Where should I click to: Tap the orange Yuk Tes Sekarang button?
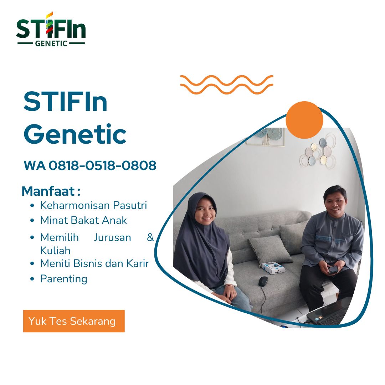click(x=74, y=321)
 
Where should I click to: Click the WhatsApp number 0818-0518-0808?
click(x=102, y=165)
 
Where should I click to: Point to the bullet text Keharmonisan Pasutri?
click(x=93, y=205)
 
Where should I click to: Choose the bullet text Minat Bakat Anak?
click(x=83, y=220)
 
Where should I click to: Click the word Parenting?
click(x=64, y=278)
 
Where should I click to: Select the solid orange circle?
click(x=304, y=120)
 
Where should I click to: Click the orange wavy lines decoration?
click(x=227, y=85)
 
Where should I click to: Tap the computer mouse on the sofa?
click(x=263, y=281)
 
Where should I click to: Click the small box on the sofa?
click(x=273, y=267)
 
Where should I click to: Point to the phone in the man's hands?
click(x=333, y=269)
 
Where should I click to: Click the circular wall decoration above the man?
click(x=318, y=152)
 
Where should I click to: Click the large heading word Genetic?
click(x=75, y=134)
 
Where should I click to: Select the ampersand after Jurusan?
click(x=150, y=237)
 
